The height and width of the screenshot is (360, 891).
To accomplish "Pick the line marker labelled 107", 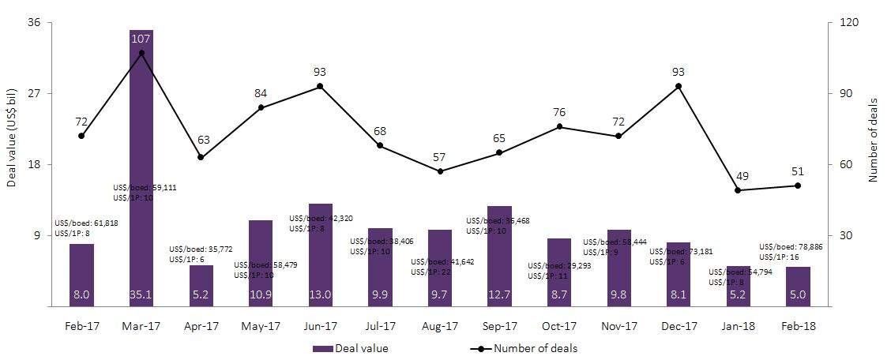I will point(141,53).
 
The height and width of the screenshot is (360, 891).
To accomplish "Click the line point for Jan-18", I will point(738,190).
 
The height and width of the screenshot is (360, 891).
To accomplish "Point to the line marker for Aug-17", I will point(439,171).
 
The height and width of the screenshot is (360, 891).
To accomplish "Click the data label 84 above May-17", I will point(261,94).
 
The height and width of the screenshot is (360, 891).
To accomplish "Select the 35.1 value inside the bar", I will point(141,294).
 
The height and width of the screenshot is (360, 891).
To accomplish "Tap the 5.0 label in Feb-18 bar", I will point(798,294).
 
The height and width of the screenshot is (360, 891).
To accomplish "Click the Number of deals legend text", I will point(536,348).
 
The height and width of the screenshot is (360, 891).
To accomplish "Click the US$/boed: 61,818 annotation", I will point(86,224).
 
